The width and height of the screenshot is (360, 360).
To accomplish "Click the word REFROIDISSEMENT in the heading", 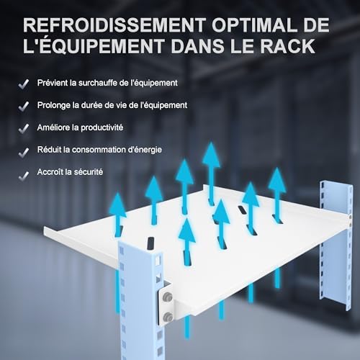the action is tap(114, 24).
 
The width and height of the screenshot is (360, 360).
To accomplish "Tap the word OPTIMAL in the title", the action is tap(254, 24).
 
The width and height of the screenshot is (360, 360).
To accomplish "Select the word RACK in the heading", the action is tap(288, 46).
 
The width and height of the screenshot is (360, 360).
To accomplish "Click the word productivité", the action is tap(102, 127).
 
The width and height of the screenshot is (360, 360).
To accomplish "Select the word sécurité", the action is tap(89, 172).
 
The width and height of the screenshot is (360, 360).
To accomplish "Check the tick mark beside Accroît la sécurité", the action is tap(24, 176).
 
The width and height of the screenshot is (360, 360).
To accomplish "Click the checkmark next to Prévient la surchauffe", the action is tap(24, 84).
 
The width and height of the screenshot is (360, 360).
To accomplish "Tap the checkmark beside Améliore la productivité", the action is tap(24, 129).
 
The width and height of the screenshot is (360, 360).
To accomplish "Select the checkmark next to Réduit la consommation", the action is tap(24, 153).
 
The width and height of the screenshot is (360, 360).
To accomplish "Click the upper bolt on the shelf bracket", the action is tap(168, 297).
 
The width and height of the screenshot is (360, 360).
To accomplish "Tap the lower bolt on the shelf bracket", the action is tap(168, 318).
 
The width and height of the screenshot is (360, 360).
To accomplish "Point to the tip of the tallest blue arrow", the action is tap(211, 142).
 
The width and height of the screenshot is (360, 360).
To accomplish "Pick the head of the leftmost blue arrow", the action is tap(117, 204).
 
